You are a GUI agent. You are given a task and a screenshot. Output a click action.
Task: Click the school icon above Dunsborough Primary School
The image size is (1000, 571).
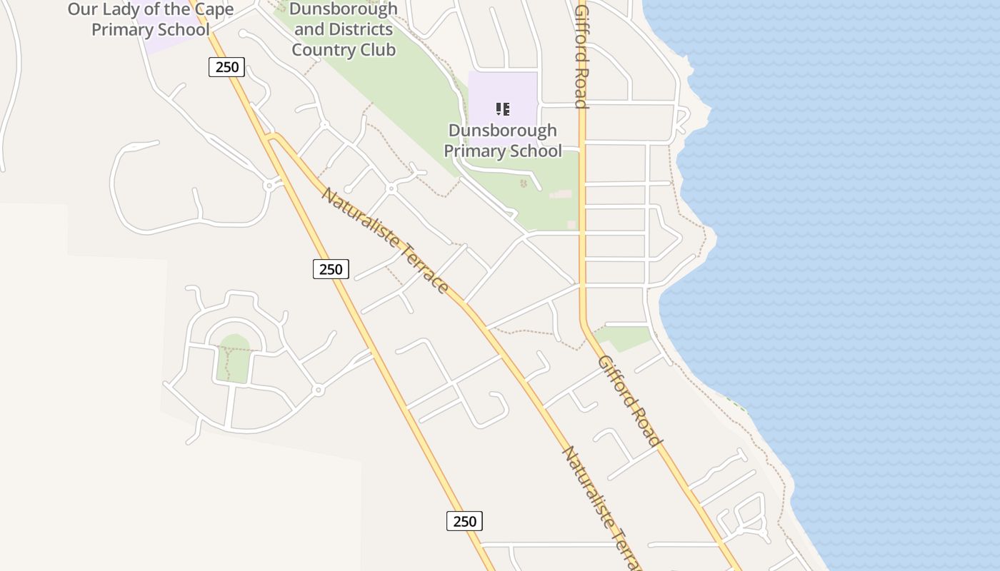(x=503, y=109)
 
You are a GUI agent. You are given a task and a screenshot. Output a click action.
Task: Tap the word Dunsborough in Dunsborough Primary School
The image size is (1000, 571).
(x=502, y=131)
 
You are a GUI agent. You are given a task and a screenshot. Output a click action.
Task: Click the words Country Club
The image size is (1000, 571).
(x=344, y=50)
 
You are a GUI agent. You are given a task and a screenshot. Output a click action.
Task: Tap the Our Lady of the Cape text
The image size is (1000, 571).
(x=151, y=9)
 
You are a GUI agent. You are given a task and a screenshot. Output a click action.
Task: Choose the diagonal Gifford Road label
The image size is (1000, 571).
(x=629, y=400)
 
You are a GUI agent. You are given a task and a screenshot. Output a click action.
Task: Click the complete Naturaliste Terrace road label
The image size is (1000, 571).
(x=385, y=241)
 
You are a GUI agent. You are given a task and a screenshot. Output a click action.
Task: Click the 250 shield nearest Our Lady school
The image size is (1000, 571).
(x=227, y=67)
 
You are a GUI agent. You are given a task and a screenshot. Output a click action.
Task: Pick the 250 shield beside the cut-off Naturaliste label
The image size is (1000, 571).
(x=464, y=521)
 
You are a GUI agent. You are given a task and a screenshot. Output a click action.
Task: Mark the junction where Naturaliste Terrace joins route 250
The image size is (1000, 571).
(x=270, y=137)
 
